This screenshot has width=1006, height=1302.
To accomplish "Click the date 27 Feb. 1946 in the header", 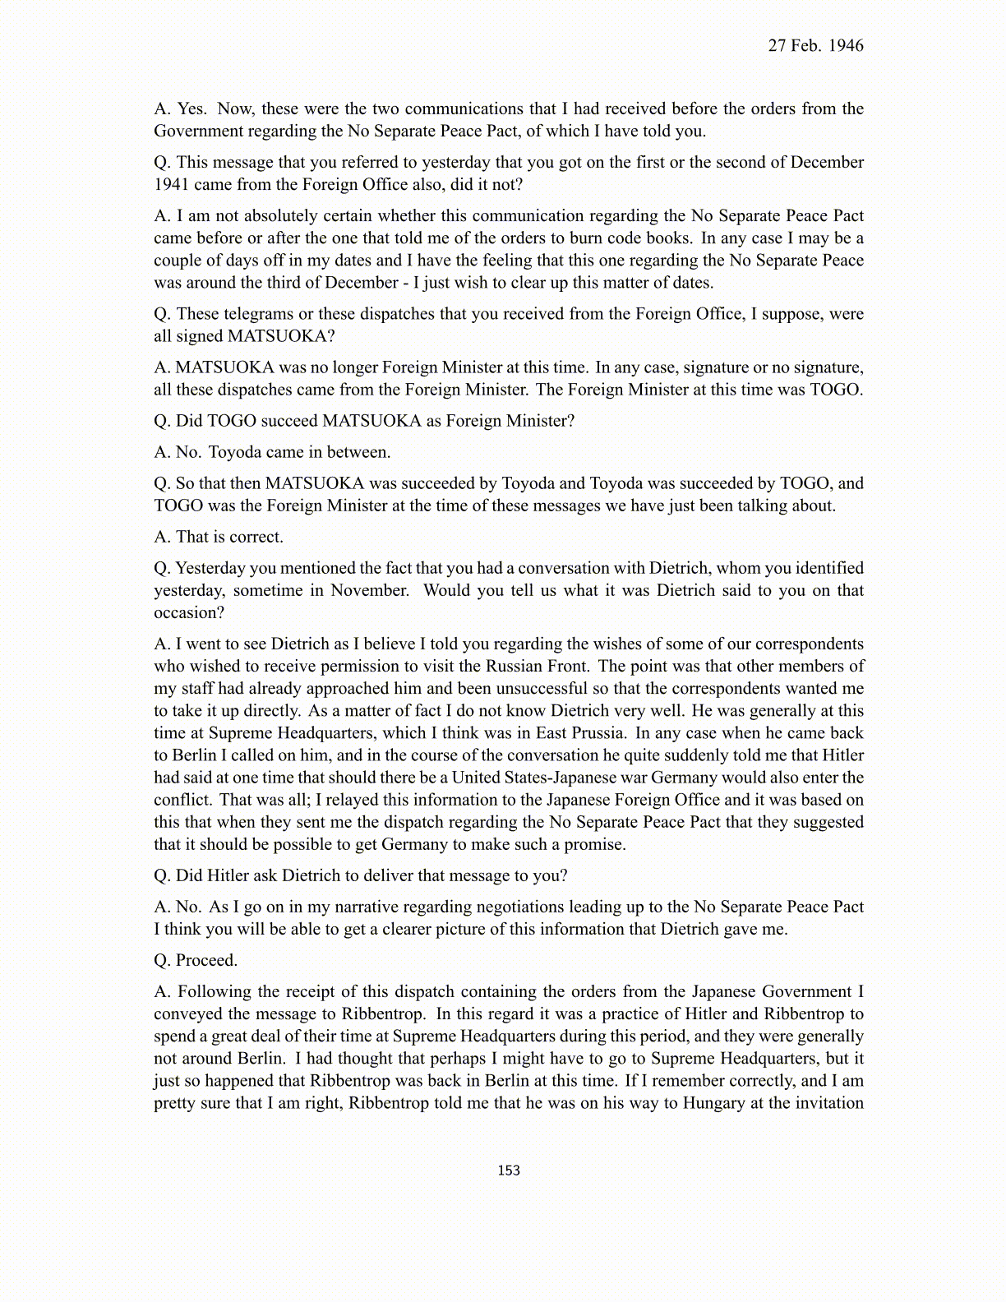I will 815,46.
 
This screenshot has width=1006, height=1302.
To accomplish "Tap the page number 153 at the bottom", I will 509,1170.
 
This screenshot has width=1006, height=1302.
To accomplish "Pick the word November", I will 369,591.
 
